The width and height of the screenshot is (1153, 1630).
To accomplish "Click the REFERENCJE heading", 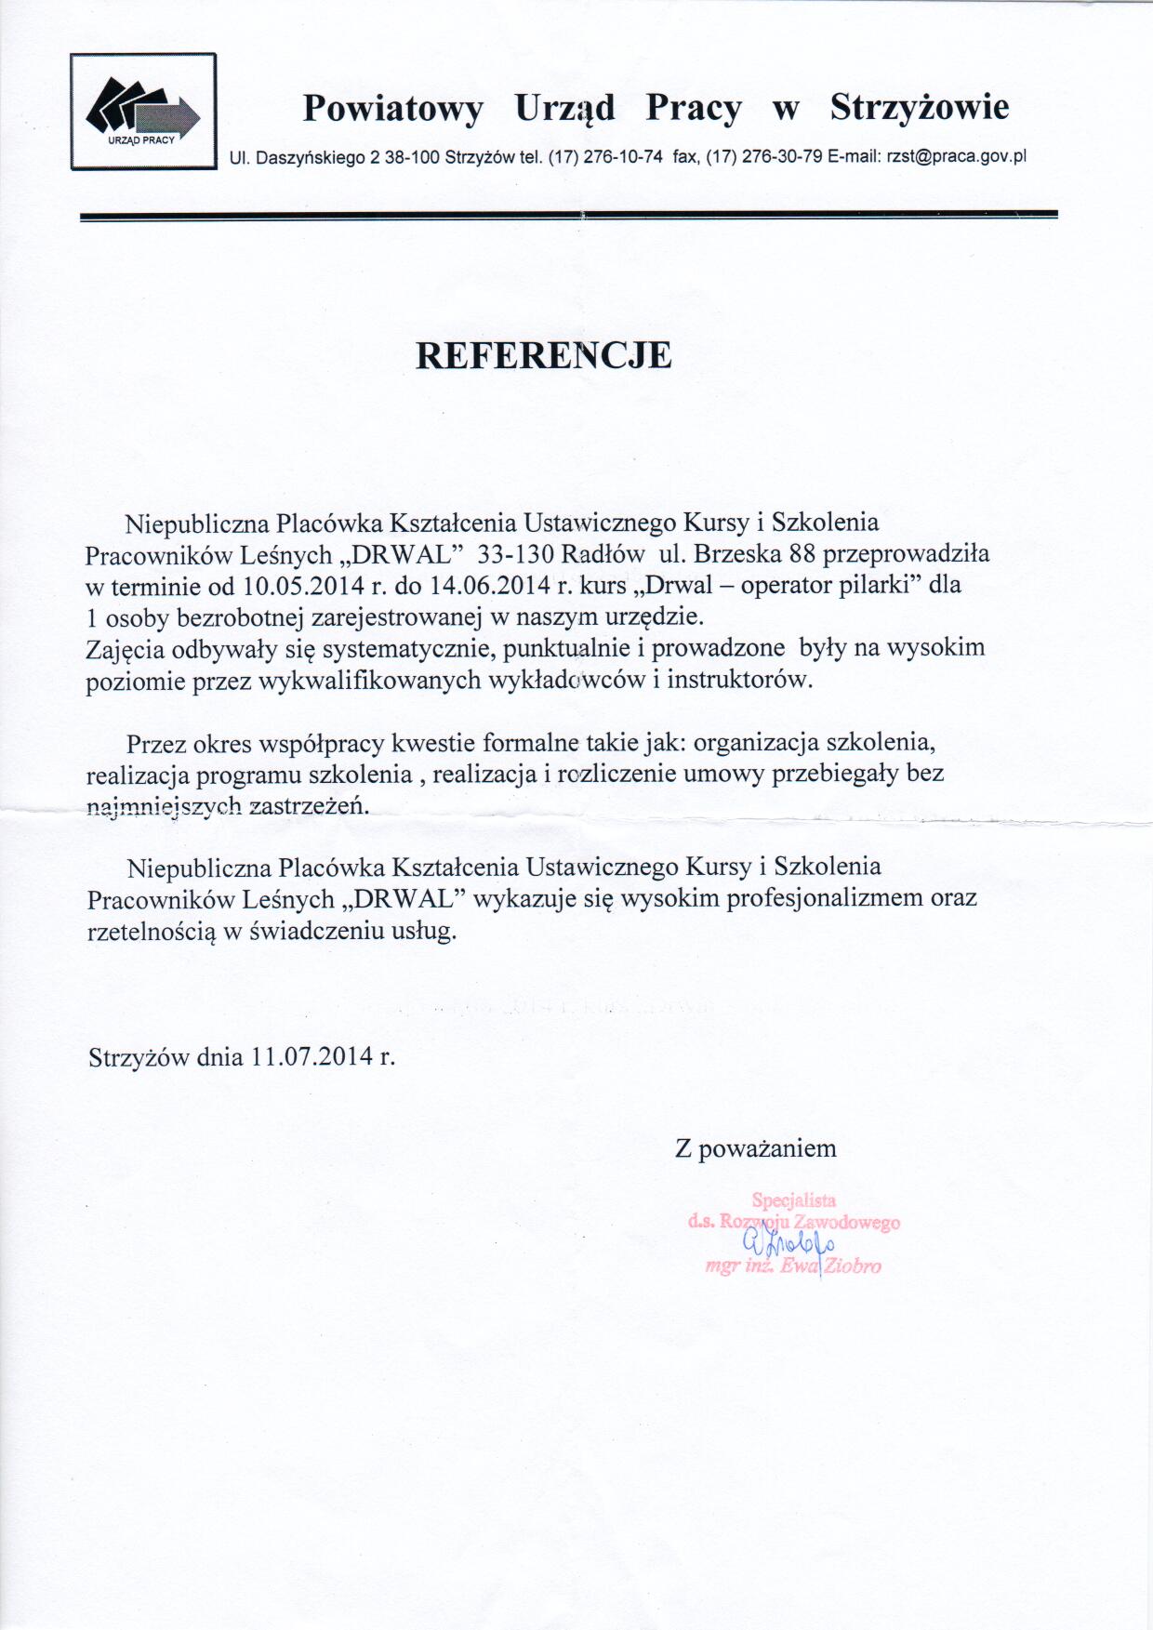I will (543, 355).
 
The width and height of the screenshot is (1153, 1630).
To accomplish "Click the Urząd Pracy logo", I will (143, 112).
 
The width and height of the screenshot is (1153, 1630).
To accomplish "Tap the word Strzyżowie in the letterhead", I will (919, 108).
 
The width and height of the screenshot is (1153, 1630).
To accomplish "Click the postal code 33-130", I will (515, 554).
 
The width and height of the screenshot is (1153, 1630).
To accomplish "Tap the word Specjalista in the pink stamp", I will (794, 1200).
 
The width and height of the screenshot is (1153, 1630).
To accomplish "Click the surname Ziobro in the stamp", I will (853, 1266).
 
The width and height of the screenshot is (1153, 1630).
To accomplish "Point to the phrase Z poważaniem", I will (755, 1148).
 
